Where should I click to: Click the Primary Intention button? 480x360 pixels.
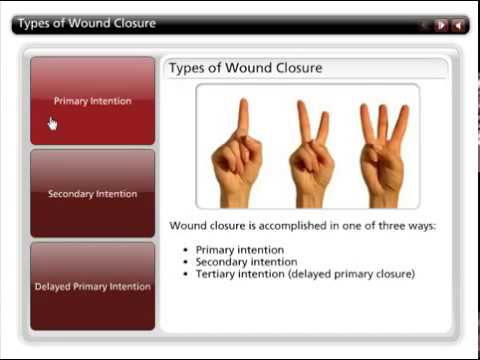click(x=92, y=100)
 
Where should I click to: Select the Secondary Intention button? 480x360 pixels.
click(x=92, y=193)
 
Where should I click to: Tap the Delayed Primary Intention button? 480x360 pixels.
click(x=92, y=286)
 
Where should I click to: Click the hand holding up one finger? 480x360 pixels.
click(x=236, y=150)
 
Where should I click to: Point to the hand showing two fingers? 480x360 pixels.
click(x=309, y=150)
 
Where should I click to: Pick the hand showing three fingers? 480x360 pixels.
click(x=382, y=150)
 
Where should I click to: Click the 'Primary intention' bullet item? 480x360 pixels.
click(x=240, y=250)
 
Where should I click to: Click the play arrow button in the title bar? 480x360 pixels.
click(x=441, y=24)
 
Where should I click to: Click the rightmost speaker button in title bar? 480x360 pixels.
click(x=458, y=24)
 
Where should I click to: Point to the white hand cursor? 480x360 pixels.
click(x=52, y=123)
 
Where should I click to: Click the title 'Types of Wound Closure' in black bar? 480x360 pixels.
click(x=86, y=23)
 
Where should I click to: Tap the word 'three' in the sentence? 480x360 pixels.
click(x=389, y=226)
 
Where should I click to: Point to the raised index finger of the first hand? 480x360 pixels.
click(x=241, y=116)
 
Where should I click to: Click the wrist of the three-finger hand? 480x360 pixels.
click(x=384, y=197)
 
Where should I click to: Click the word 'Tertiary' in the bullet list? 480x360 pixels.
click(x=219, y=274)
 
